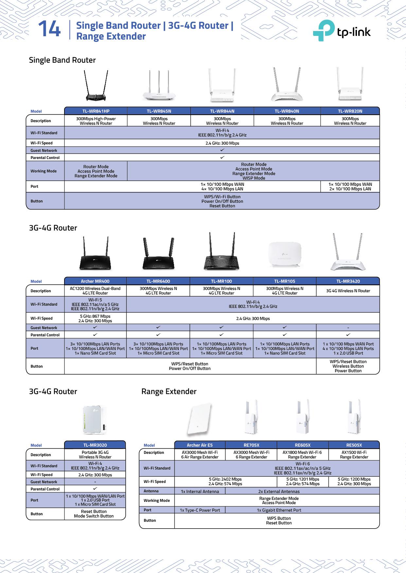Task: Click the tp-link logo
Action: (342, 31)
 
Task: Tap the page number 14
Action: (49, 29)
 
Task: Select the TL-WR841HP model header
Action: (96, 111)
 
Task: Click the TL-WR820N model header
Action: (350, 111)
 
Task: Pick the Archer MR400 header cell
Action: (95, 281)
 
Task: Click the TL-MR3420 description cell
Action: (348, 291)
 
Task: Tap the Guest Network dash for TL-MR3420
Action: (348, 327)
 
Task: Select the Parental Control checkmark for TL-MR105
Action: (285, 335)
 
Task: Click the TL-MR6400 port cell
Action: (158, 348)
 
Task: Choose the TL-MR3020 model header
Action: (95, 445)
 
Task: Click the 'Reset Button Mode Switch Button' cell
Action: (94, 514)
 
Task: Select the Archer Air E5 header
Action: (200, 445)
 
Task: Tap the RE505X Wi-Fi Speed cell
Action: (354, 482)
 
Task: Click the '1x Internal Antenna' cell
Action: (200, 491)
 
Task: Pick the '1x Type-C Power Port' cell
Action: (200, 510)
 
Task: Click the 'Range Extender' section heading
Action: (169, 391)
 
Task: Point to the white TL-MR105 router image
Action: (285, 255)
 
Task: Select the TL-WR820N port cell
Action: (350, 186)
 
